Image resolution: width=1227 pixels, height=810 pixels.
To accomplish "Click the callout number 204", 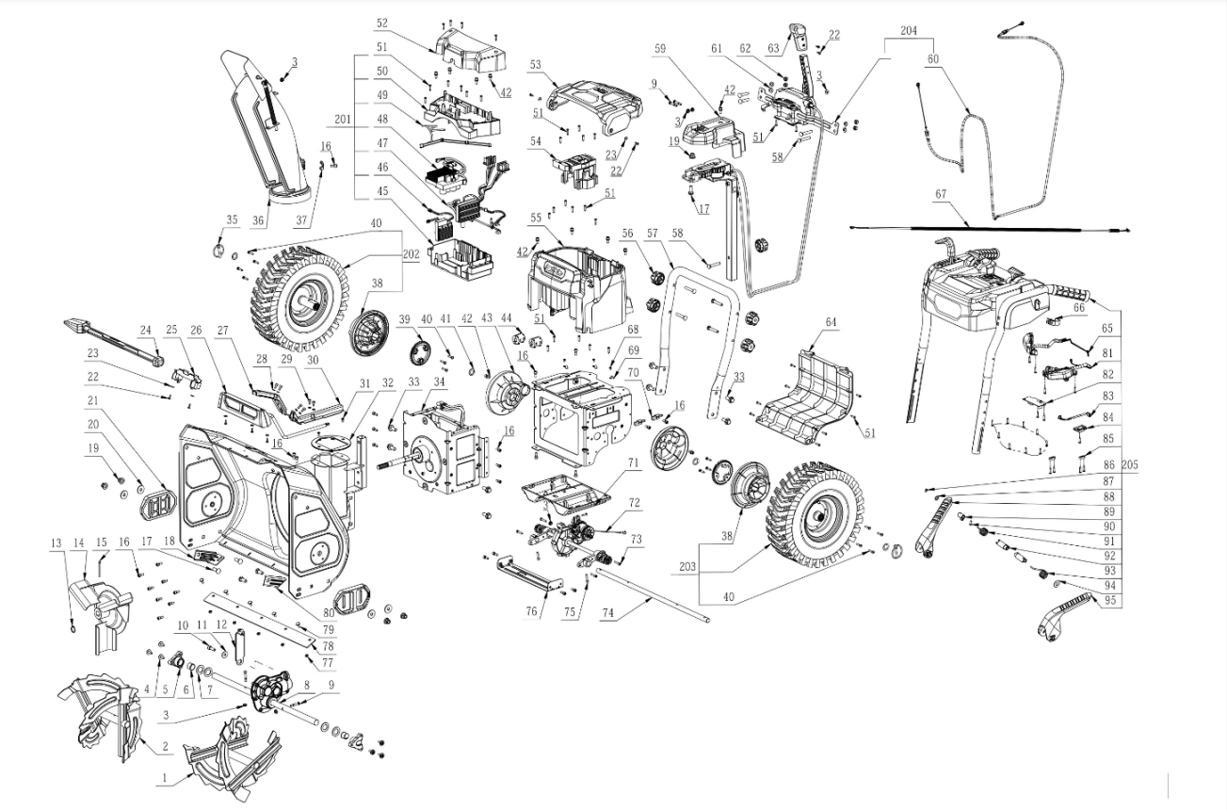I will [908, 31].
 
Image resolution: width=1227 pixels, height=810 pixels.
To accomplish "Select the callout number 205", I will [1130, 465].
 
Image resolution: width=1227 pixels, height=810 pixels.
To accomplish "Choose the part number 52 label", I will [381, 23].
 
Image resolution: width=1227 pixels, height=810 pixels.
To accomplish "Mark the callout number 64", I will [831, 323].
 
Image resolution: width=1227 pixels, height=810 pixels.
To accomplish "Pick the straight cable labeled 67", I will [989, 229].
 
